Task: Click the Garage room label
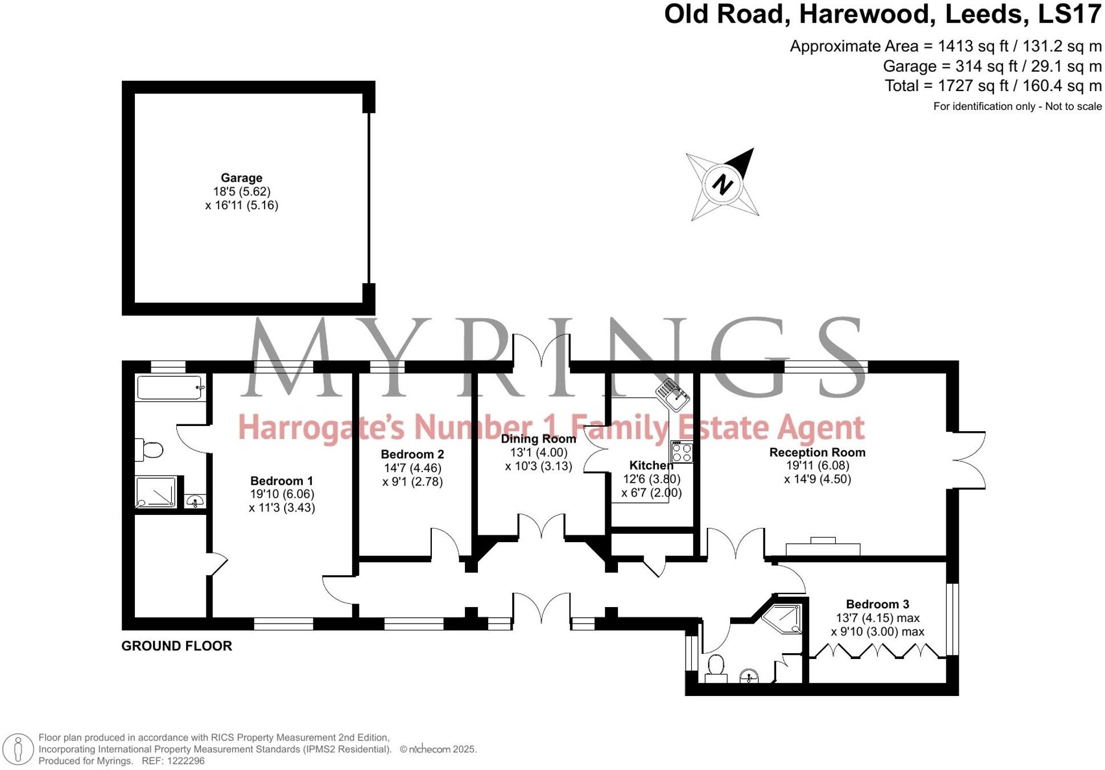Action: point(241,178)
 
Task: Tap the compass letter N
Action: point(723,184)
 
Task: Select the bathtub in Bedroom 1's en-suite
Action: point(170,387)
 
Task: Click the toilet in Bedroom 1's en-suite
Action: point(150,450)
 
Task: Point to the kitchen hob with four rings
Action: point(682,452)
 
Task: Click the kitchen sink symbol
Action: point(673,394)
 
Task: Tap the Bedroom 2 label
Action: point(412,454)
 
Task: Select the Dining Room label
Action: point(538,439)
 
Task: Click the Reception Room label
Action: point(817,452)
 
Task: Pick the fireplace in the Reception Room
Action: point(823,547)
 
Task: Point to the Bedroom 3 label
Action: point(877,604)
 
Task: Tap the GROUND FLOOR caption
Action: point(176,646)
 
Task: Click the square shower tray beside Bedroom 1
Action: point(156,492)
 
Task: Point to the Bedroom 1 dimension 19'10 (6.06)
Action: point(282,494)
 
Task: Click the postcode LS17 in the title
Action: point(1069,14)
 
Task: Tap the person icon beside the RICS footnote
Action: point(18,749)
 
